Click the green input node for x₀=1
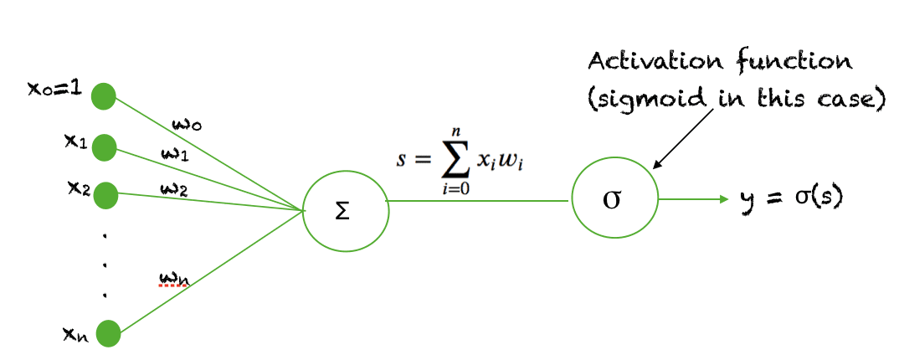click(x=104, y=95)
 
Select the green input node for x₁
click(x=104, y=147)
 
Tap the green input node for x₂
click(x=105, y=195)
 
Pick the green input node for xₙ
click(x=108, y=334)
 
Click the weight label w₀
click(x=185, y=125)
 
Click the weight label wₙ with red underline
click(x=173, y=278)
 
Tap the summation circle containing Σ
click(x=346, y=208)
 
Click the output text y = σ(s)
click(x=791, y=200)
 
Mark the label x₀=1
click(x=54, y=88)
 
